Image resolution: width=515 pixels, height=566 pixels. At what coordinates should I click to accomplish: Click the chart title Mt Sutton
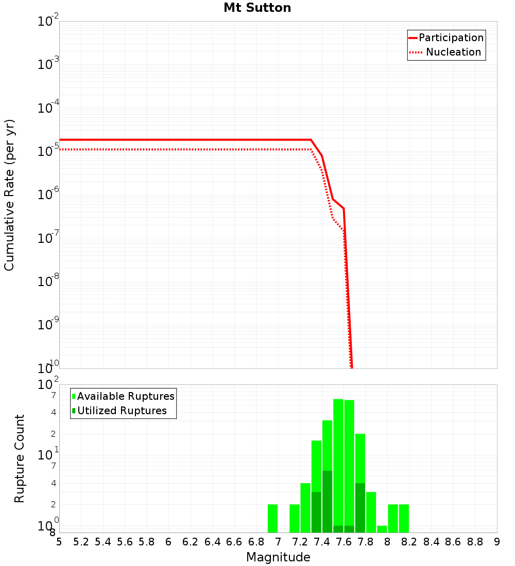(x=257, y=8)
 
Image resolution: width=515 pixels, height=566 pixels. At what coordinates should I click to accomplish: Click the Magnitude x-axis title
(x=278, y=557)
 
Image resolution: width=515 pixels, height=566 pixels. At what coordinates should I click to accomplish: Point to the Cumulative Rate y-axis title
(x=10, y=194)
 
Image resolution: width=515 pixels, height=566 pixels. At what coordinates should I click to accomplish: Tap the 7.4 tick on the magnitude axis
(x=322, y=542)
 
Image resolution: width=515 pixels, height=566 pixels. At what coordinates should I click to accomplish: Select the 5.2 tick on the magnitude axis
(x=81, y=542)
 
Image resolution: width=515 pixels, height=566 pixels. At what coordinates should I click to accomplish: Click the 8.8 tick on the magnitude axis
(x=475, y=542)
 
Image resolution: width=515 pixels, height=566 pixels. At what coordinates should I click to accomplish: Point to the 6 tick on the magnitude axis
(x=168, y=542)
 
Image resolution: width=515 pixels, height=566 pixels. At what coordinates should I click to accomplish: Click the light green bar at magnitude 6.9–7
(x=273, y=518)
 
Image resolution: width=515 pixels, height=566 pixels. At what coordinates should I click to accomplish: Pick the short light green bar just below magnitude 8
(x=382, y=529)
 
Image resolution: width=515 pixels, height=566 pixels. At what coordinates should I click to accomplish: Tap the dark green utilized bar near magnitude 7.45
(x=327, y=501)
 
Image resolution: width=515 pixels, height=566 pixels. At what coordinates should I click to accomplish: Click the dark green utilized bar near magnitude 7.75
(x=360, y=507)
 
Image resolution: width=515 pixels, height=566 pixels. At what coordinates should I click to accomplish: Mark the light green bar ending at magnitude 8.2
(x=404, y=518)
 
